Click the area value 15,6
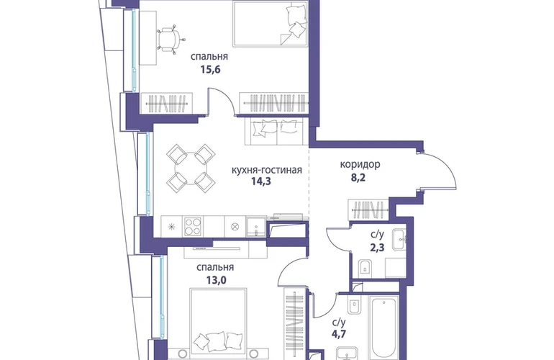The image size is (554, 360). (x=210, y=69)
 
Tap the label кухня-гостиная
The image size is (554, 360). (x=267, y=170)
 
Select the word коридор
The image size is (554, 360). (x=360, y=164)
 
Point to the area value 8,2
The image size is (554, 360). (x=358, y=177)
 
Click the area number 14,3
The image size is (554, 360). (x=260, y=181)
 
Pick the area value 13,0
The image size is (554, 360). (x=217, y=280)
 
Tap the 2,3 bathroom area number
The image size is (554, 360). (x=377, y=247)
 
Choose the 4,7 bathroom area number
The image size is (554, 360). (x=338, y=334)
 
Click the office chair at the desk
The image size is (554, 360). (x=170, y=40)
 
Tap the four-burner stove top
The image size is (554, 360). (x=193, y=226)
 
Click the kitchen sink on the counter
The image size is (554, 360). (x=256, y=226)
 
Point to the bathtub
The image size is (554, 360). (x=384, y=327)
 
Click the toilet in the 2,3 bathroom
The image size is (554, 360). (x=365, y=269)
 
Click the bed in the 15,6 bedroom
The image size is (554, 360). (x=271, y=23)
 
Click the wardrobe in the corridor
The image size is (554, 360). (x=368, y=210)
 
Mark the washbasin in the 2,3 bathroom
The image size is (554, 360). (x=399, y=240)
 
